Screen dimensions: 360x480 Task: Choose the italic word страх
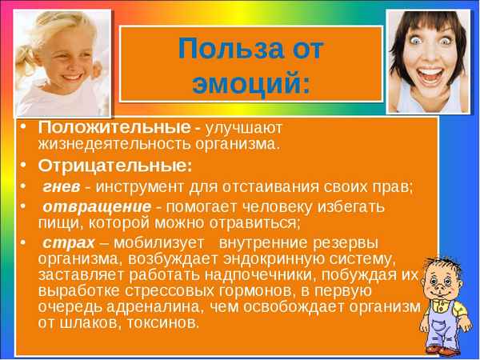pyautogui.click(x=65, y=242)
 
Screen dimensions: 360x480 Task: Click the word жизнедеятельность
pyautogui.click(x=114, y=144)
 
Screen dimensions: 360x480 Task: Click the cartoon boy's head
pyautogui.click(x=443, y=280)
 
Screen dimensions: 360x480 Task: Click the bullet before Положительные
pyautogui.click(x=24, y=128)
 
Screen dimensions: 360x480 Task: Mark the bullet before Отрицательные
pyautogui.click(x=24, y=166)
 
